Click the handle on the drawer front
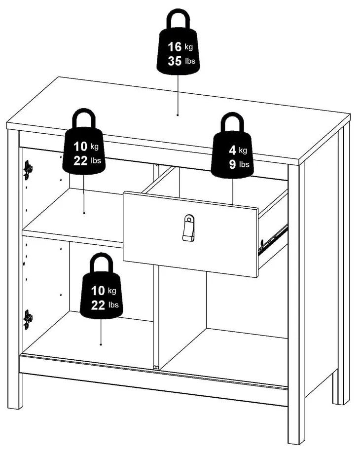tap(188, 228)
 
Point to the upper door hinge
tap(28, 169)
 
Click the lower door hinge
tap(28, 319)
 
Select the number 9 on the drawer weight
tap(232, 164)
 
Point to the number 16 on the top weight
tap(174, 47)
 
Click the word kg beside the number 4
tap(243, 150)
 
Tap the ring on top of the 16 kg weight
tap(178, 20)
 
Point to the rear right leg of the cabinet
tap(340, 385)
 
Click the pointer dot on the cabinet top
tap(178, 114)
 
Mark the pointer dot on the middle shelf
tap(84, 213)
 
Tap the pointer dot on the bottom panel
tap(101, 344)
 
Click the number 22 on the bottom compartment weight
tap(98, 305)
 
